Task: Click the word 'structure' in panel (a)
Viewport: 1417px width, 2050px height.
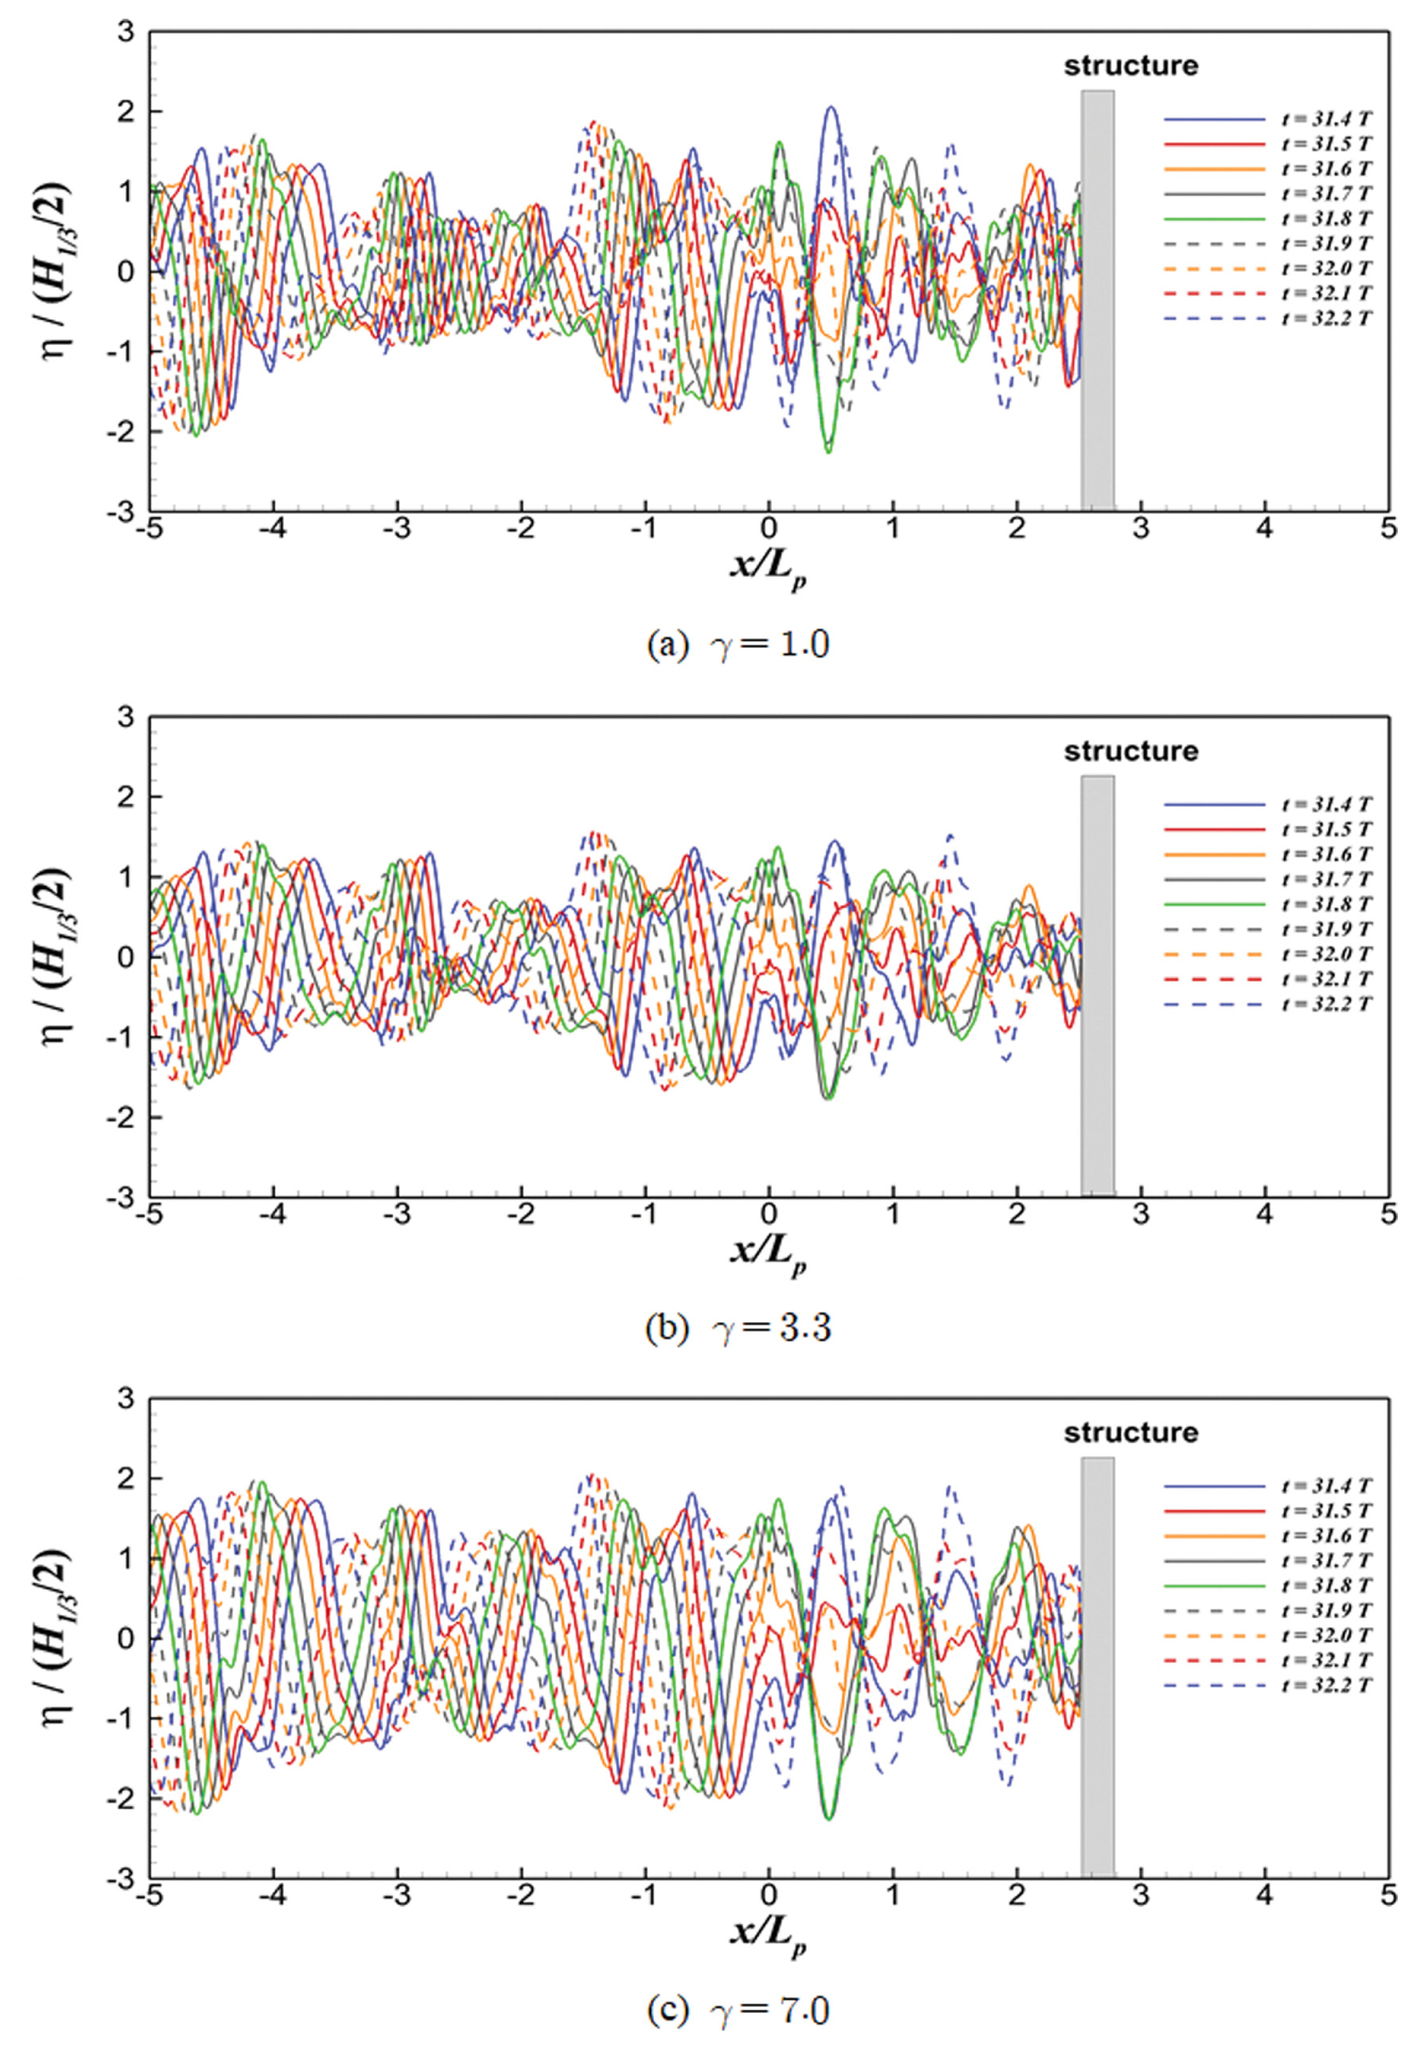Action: coord(1130,66)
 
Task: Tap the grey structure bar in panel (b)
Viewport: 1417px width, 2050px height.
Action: coord(1097,985)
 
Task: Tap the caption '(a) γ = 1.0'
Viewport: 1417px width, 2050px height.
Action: coord(739,644)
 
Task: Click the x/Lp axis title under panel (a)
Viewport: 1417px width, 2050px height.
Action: coord(769,568)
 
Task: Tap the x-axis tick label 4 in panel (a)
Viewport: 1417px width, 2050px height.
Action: coord(1264,530)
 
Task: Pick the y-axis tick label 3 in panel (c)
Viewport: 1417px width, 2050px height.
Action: coord(127,1399)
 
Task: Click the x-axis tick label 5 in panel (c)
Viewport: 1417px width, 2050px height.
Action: coord(1388,1897)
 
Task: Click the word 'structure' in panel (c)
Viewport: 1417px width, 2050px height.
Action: coord(1130,1433)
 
